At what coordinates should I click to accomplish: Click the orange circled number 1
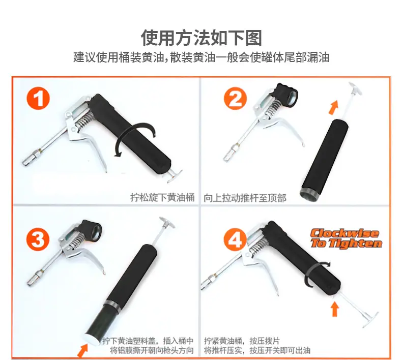38,99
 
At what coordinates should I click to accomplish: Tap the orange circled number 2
235,99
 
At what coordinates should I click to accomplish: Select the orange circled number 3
38,239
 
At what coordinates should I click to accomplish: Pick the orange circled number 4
235,240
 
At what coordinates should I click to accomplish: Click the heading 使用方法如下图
202,38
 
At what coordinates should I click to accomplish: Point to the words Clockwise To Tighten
347,238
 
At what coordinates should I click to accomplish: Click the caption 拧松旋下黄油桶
162,198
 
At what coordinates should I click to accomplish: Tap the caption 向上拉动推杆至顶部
245,198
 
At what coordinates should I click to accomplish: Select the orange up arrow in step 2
334,107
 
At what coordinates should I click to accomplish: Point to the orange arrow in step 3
83,350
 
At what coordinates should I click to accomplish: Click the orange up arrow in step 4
334,309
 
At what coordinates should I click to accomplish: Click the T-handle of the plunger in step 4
369,318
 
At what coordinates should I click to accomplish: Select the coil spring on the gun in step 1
83,120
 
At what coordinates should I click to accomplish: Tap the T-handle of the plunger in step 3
166,223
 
